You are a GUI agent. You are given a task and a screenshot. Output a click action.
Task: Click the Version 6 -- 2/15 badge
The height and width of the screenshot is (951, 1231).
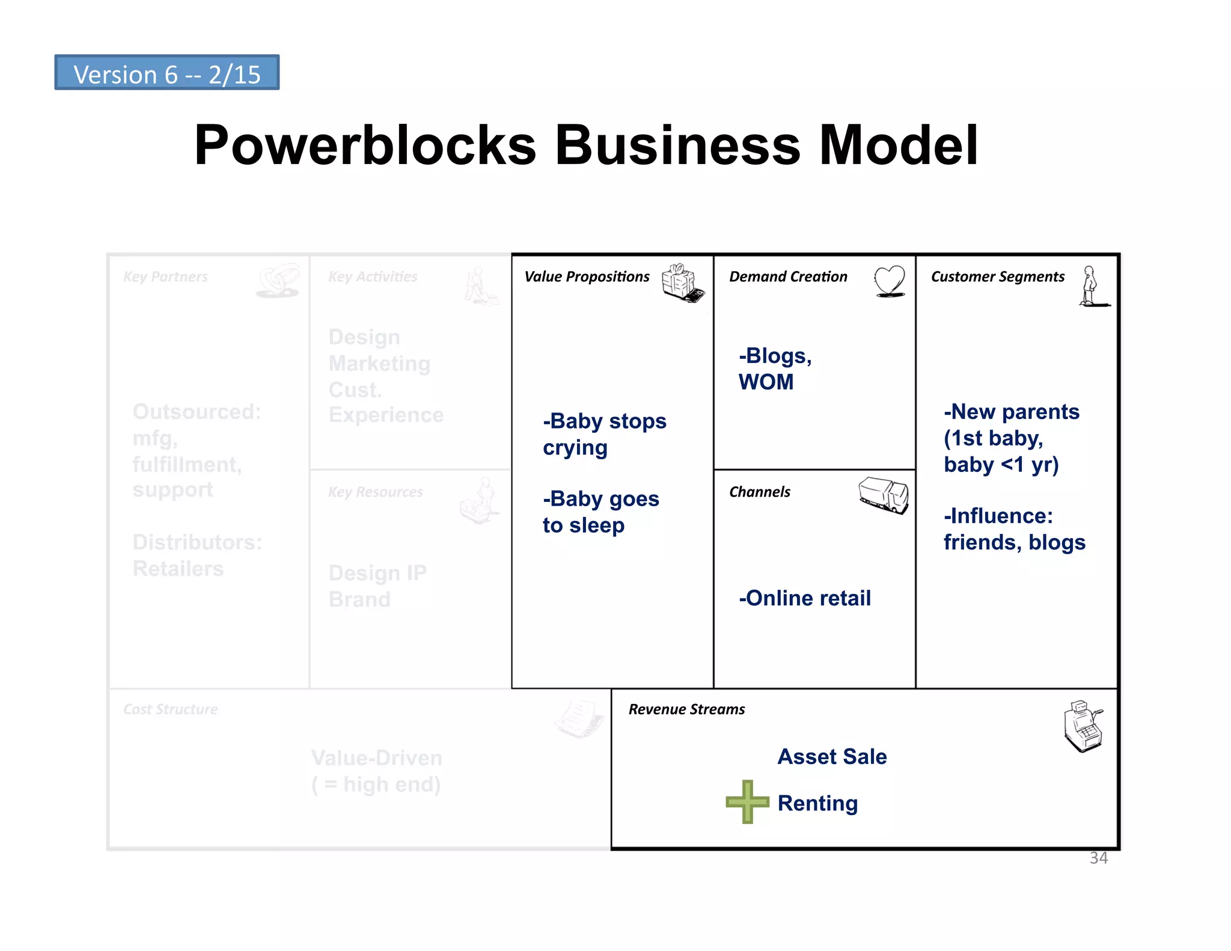coord(166,73)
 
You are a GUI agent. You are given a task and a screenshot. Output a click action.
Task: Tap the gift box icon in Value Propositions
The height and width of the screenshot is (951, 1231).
coord(682,282)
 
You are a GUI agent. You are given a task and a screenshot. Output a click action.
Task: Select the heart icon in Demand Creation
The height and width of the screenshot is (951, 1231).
coord(890,281)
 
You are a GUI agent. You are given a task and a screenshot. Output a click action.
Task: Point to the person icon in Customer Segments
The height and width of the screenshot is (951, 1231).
coord(1091,286)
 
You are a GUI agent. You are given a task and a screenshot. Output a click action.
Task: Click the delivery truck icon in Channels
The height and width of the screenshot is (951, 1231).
coord(884,495)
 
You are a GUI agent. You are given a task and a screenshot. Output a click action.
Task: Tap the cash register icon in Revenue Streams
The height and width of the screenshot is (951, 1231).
coord(1083,726)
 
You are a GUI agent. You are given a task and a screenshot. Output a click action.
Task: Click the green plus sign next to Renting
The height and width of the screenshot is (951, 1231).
coord(747,801)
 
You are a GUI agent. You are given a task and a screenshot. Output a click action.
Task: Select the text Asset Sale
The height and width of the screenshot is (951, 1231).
coord(832,756)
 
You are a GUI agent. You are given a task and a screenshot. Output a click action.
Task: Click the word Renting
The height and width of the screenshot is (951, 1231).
coord(817,803)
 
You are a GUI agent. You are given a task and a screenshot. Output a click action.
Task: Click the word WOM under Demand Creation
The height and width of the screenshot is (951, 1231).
coord(766,382)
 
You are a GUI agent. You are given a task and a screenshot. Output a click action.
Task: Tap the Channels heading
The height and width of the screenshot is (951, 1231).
coord(760,492)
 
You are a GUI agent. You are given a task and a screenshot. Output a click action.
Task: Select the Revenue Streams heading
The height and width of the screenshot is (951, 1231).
coord(686,709)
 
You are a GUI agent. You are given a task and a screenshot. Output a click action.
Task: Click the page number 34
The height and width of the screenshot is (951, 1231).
coord(1098,858)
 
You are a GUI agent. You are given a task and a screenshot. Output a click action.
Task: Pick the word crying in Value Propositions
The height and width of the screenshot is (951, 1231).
coord(575,448)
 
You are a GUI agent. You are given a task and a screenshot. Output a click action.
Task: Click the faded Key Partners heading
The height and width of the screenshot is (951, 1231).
coord(165,277)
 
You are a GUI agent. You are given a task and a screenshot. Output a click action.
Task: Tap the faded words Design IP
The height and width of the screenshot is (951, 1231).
coord(377,573)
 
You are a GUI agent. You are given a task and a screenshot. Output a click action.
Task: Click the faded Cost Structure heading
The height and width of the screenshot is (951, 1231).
coord(170,709)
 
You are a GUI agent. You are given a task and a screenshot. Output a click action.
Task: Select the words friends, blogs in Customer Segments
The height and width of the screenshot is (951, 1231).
coord(1014,542)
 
